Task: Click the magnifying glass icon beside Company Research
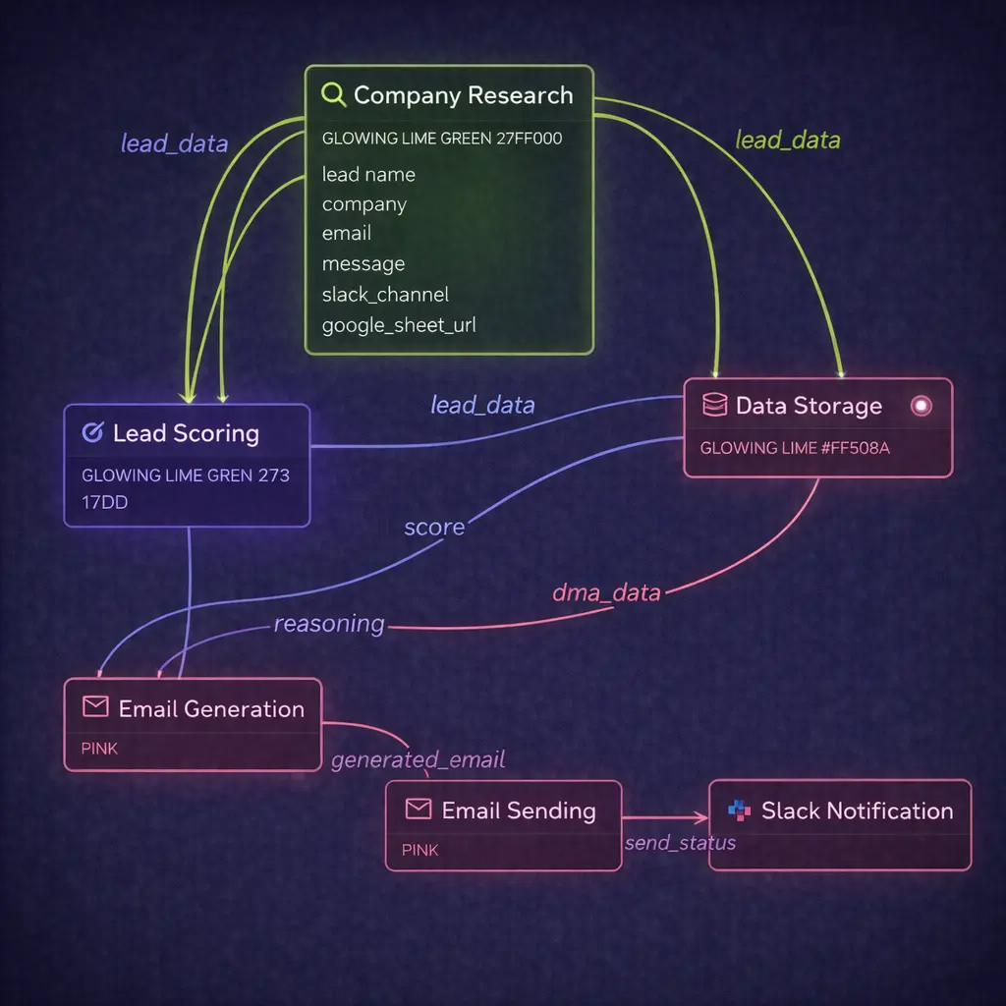(334, 95)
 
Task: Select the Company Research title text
(463, 95)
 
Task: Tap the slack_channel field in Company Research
(385, 294)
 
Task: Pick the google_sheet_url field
(399, 324)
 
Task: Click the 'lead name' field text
(368, 175)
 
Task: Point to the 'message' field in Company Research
(363, 264)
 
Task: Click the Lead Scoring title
(186, 433)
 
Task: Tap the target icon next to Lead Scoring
(93, 432)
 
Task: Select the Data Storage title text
(809, 406)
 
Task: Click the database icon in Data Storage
(714, 405)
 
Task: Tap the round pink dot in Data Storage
(921, 405)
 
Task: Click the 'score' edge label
(434, 528)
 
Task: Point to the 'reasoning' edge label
(329, 624)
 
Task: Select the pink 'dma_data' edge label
(606, 592)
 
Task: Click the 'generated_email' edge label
(419, 759)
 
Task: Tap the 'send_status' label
(680, 843)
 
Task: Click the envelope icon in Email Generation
(94, 707)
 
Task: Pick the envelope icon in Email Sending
(419, 809)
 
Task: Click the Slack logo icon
(739, 810)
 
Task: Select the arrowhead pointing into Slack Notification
(700, 817)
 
